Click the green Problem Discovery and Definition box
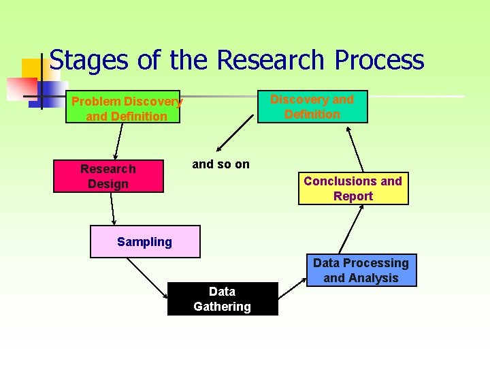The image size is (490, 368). coord(123,107)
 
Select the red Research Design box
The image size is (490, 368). coord(108,177)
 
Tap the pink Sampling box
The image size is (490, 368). coord(145,242)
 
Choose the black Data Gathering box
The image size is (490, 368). coord(223,298)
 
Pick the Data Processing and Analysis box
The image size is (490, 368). coord(361,270)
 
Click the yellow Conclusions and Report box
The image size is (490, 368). coord(353,189)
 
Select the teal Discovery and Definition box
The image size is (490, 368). coord(312,106)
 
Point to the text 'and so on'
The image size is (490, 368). coord(220,164)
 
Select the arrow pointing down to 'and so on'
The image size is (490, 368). coord(236,136)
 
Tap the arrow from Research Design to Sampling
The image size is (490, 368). coord(113,209)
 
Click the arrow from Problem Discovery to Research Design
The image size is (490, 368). coord(118,141)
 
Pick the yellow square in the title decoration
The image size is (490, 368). coord(31,69)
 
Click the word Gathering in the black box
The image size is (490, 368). coord(223,307)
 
